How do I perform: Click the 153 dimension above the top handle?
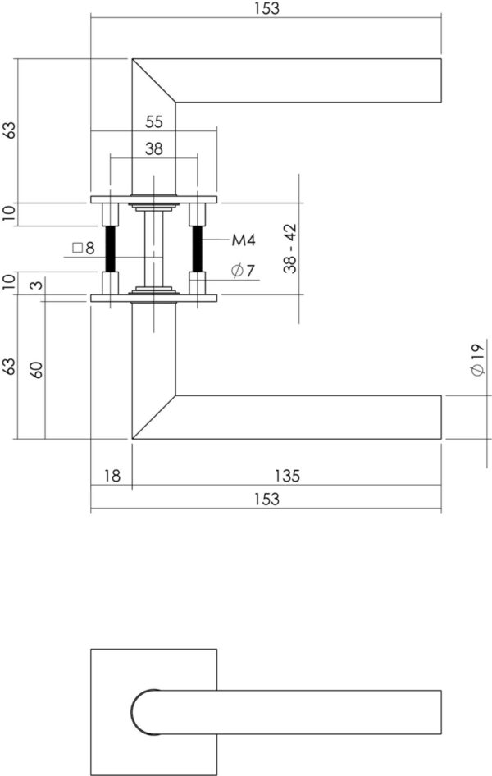pyautogui.click(x=267, y=8)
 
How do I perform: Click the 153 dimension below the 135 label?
pyautogui.click(x=267, y=499)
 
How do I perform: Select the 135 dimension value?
pyautogui.click(x=287, y=476)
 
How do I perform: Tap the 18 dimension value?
pyautogui.click(x=112, y=476)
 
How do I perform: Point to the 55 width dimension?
pyautogui.click(x=154, y=121)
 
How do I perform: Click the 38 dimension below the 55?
pyautogui.click(x=154, y=148)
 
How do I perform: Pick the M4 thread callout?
pyautogui.click(x=244, y=240)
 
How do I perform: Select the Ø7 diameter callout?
pyautogui.click(x=243, y=272)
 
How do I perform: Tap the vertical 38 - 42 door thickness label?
pyautogui.click(x=290, y=249)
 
